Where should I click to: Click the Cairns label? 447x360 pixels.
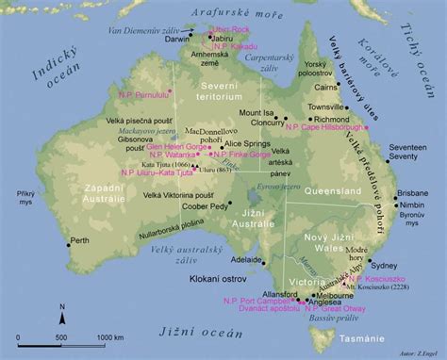tap(352, 86)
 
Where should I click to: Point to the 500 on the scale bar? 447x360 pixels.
tap(61, 336)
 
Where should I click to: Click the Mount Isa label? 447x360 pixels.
tap(257, 112)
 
